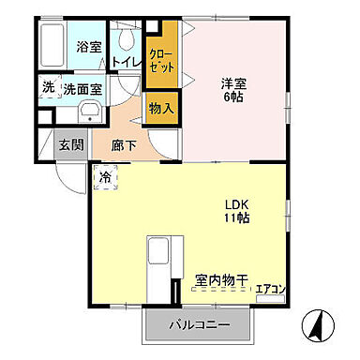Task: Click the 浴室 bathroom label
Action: (x=88, y=45)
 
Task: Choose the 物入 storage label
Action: (x=161, y=108)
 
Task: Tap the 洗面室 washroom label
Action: (x=83, y=89)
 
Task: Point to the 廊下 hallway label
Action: (x=124, y=145)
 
